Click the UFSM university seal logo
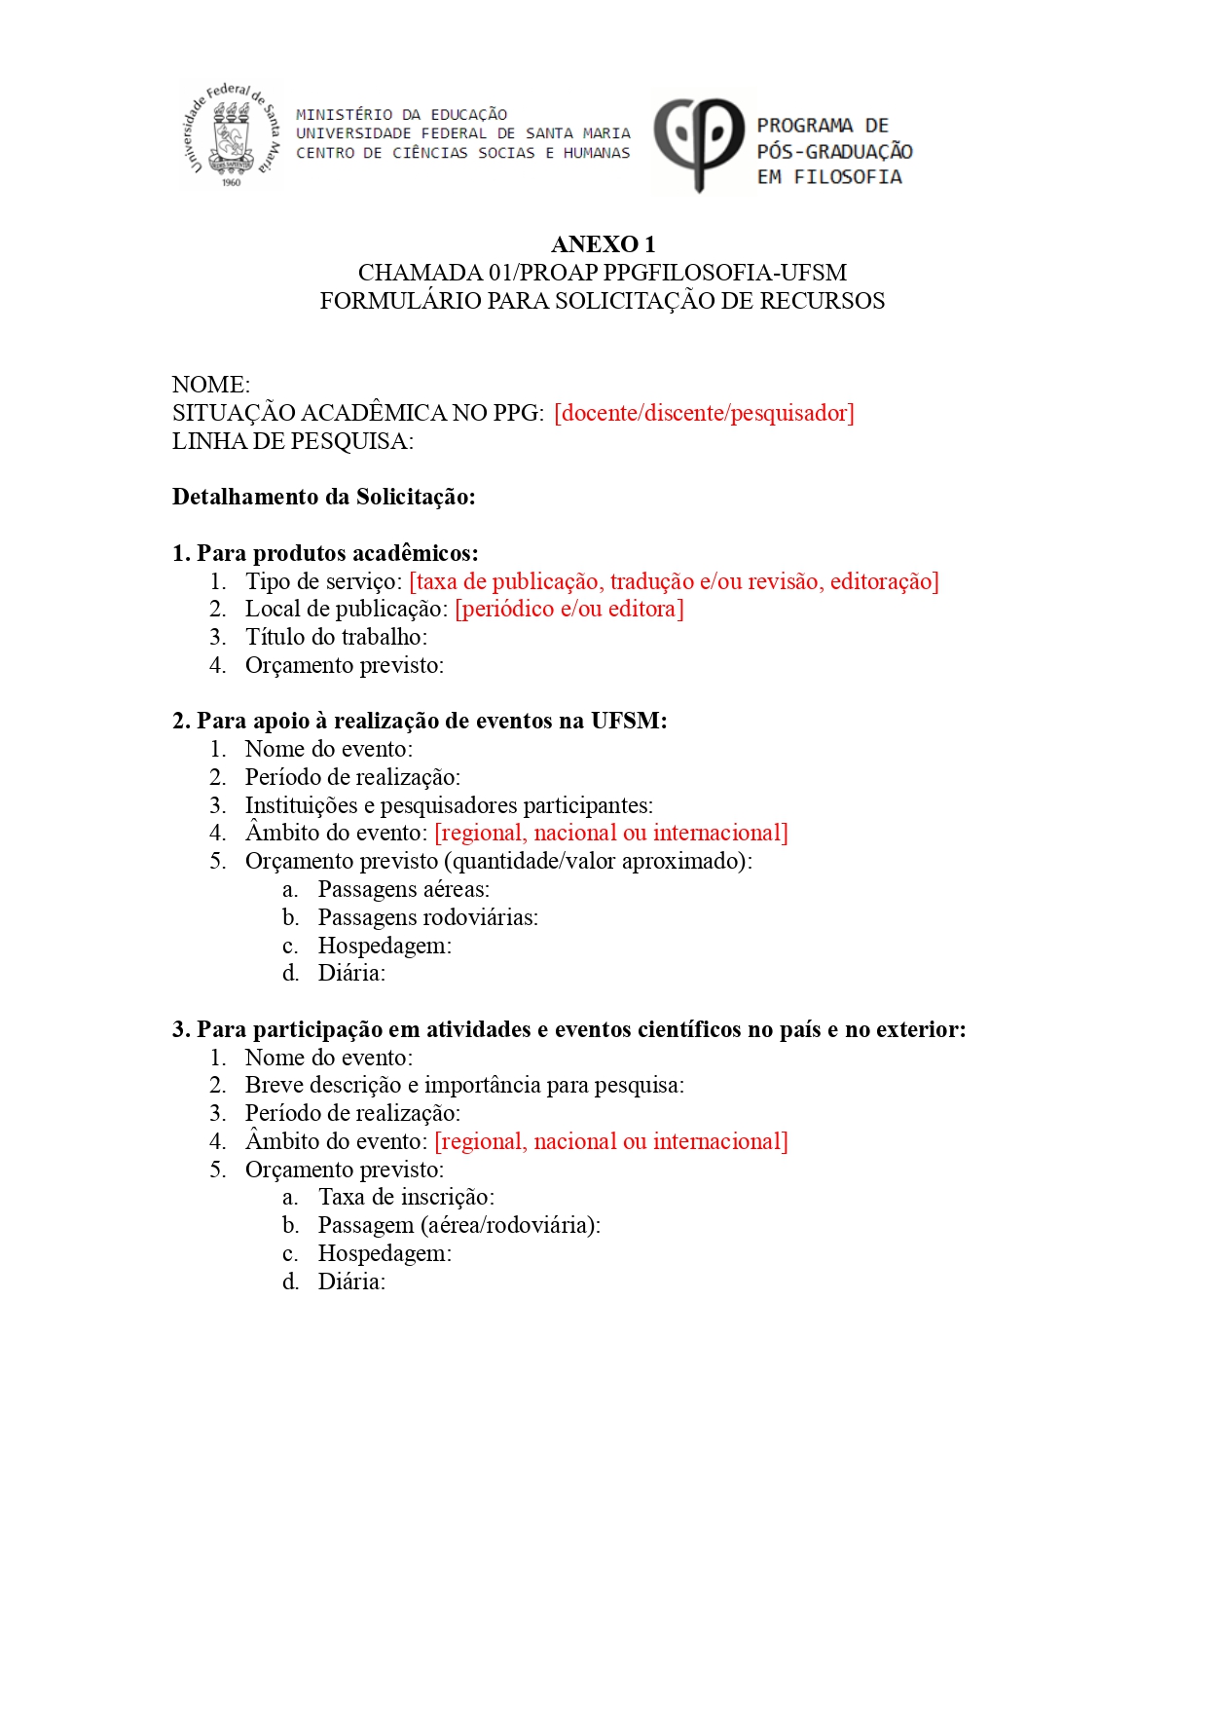pos(232,134)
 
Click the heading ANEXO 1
pos(603,244)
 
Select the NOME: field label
pos(211,385)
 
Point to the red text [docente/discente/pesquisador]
pos(704,413)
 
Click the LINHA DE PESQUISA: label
pos(293,441)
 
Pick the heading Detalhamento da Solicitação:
pos(324,497)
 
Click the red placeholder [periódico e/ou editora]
pos(569,609)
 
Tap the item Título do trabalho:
pos(336,637)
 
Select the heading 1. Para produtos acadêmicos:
pos(325,553)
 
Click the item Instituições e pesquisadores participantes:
pos(449,805)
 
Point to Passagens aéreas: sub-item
pos(404,889)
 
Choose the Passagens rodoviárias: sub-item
pos(427,917)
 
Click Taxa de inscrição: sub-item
pos(406,1197)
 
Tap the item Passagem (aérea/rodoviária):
pos(458,1225)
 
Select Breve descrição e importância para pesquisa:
pos(464,1085)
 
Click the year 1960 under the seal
pos(231,182)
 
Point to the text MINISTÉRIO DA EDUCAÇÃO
pos(401,115)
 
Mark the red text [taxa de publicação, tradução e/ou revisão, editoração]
pos(674,581)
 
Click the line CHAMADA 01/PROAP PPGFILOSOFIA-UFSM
pos(603,273)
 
